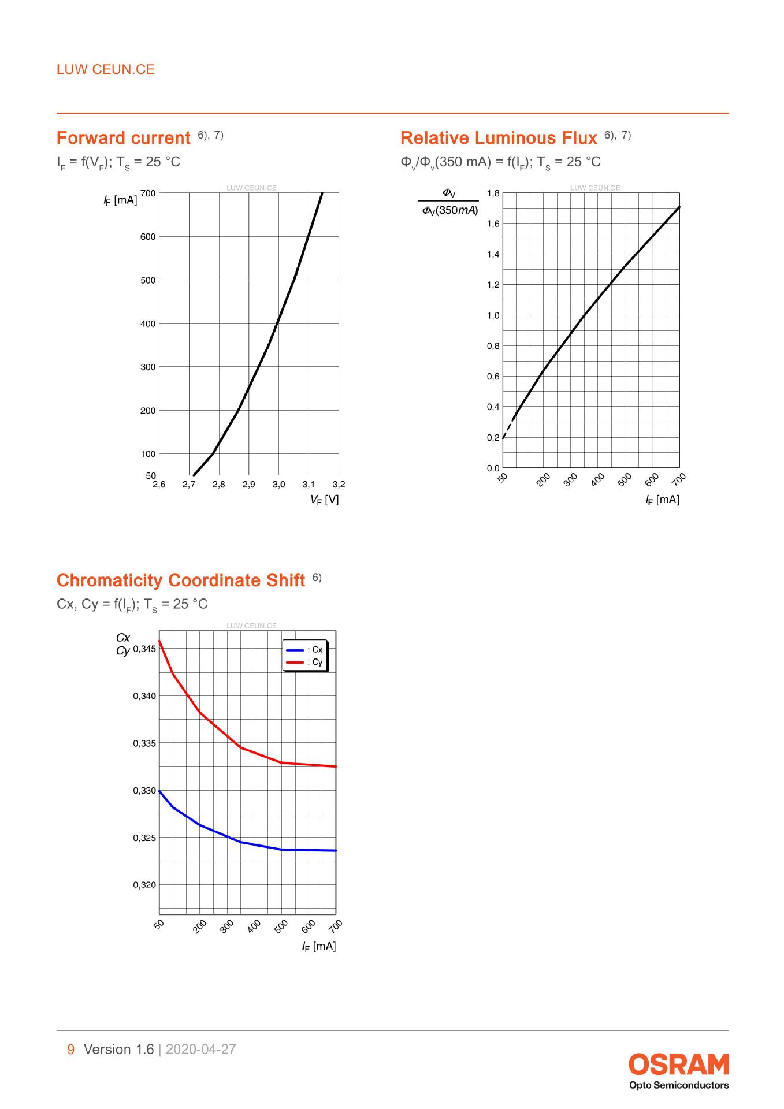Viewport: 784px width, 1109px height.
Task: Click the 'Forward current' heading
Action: point(124,138)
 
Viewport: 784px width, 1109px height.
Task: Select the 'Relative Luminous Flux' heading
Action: point(499,138)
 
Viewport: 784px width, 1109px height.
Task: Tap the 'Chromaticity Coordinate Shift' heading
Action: point(181,580)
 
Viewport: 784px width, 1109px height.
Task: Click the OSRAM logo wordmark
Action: point(679,1064)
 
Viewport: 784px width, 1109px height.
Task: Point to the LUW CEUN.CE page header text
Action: point(106,69)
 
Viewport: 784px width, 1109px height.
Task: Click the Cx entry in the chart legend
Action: point(305,650)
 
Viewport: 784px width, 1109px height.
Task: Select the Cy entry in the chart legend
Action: point(305,662)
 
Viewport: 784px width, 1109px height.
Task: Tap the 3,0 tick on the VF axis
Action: point(278,485)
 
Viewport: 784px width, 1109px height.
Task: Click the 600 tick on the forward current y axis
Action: point(148,236)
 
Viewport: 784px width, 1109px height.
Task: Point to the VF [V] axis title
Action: point(324,500)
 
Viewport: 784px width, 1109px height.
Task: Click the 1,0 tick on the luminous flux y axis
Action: point(493,315)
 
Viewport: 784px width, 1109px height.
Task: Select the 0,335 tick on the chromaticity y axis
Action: point(144,743)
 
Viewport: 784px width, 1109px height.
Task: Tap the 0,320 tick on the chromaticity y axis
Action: point(144,885)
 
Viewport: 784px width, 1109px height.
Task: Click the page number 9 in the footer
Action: point(71,1050)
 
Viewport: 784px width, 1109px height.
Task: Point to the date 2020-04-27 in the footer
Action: point(201,1050)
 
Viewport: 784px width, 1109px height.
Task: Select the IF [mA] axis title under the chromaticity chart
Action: point(319,946)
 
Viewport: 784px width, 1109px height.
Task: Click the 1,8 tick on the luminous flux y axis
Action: point(493,193)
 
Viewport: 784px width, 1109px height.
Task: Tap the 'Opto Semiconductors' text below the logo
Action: point(679,1085)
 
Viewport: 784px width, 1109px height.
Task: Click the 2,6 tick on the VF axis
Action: point(159,485)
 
